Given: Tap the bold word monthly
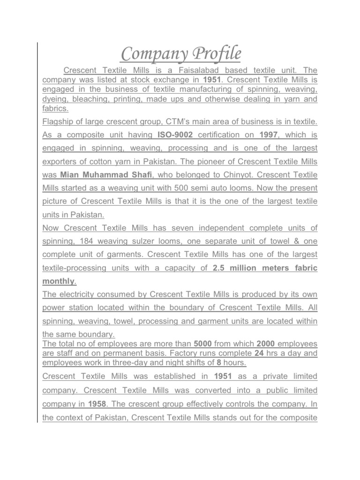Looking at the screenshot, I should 59,281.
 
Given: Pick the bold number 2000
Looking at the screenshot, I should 266,344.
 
